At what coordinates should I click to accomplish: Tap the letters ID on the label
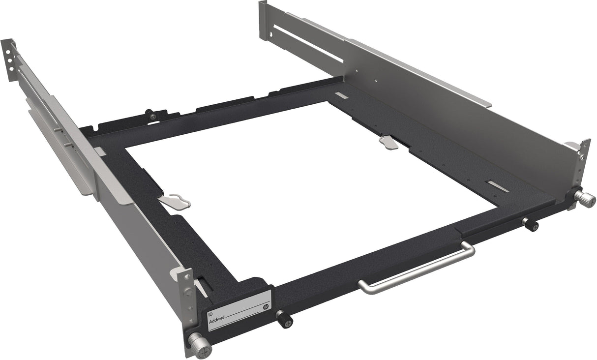211,313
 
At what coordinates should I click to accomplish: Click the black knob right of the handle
531,224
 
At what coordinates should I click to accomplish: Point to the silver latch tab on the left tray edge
175,201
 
